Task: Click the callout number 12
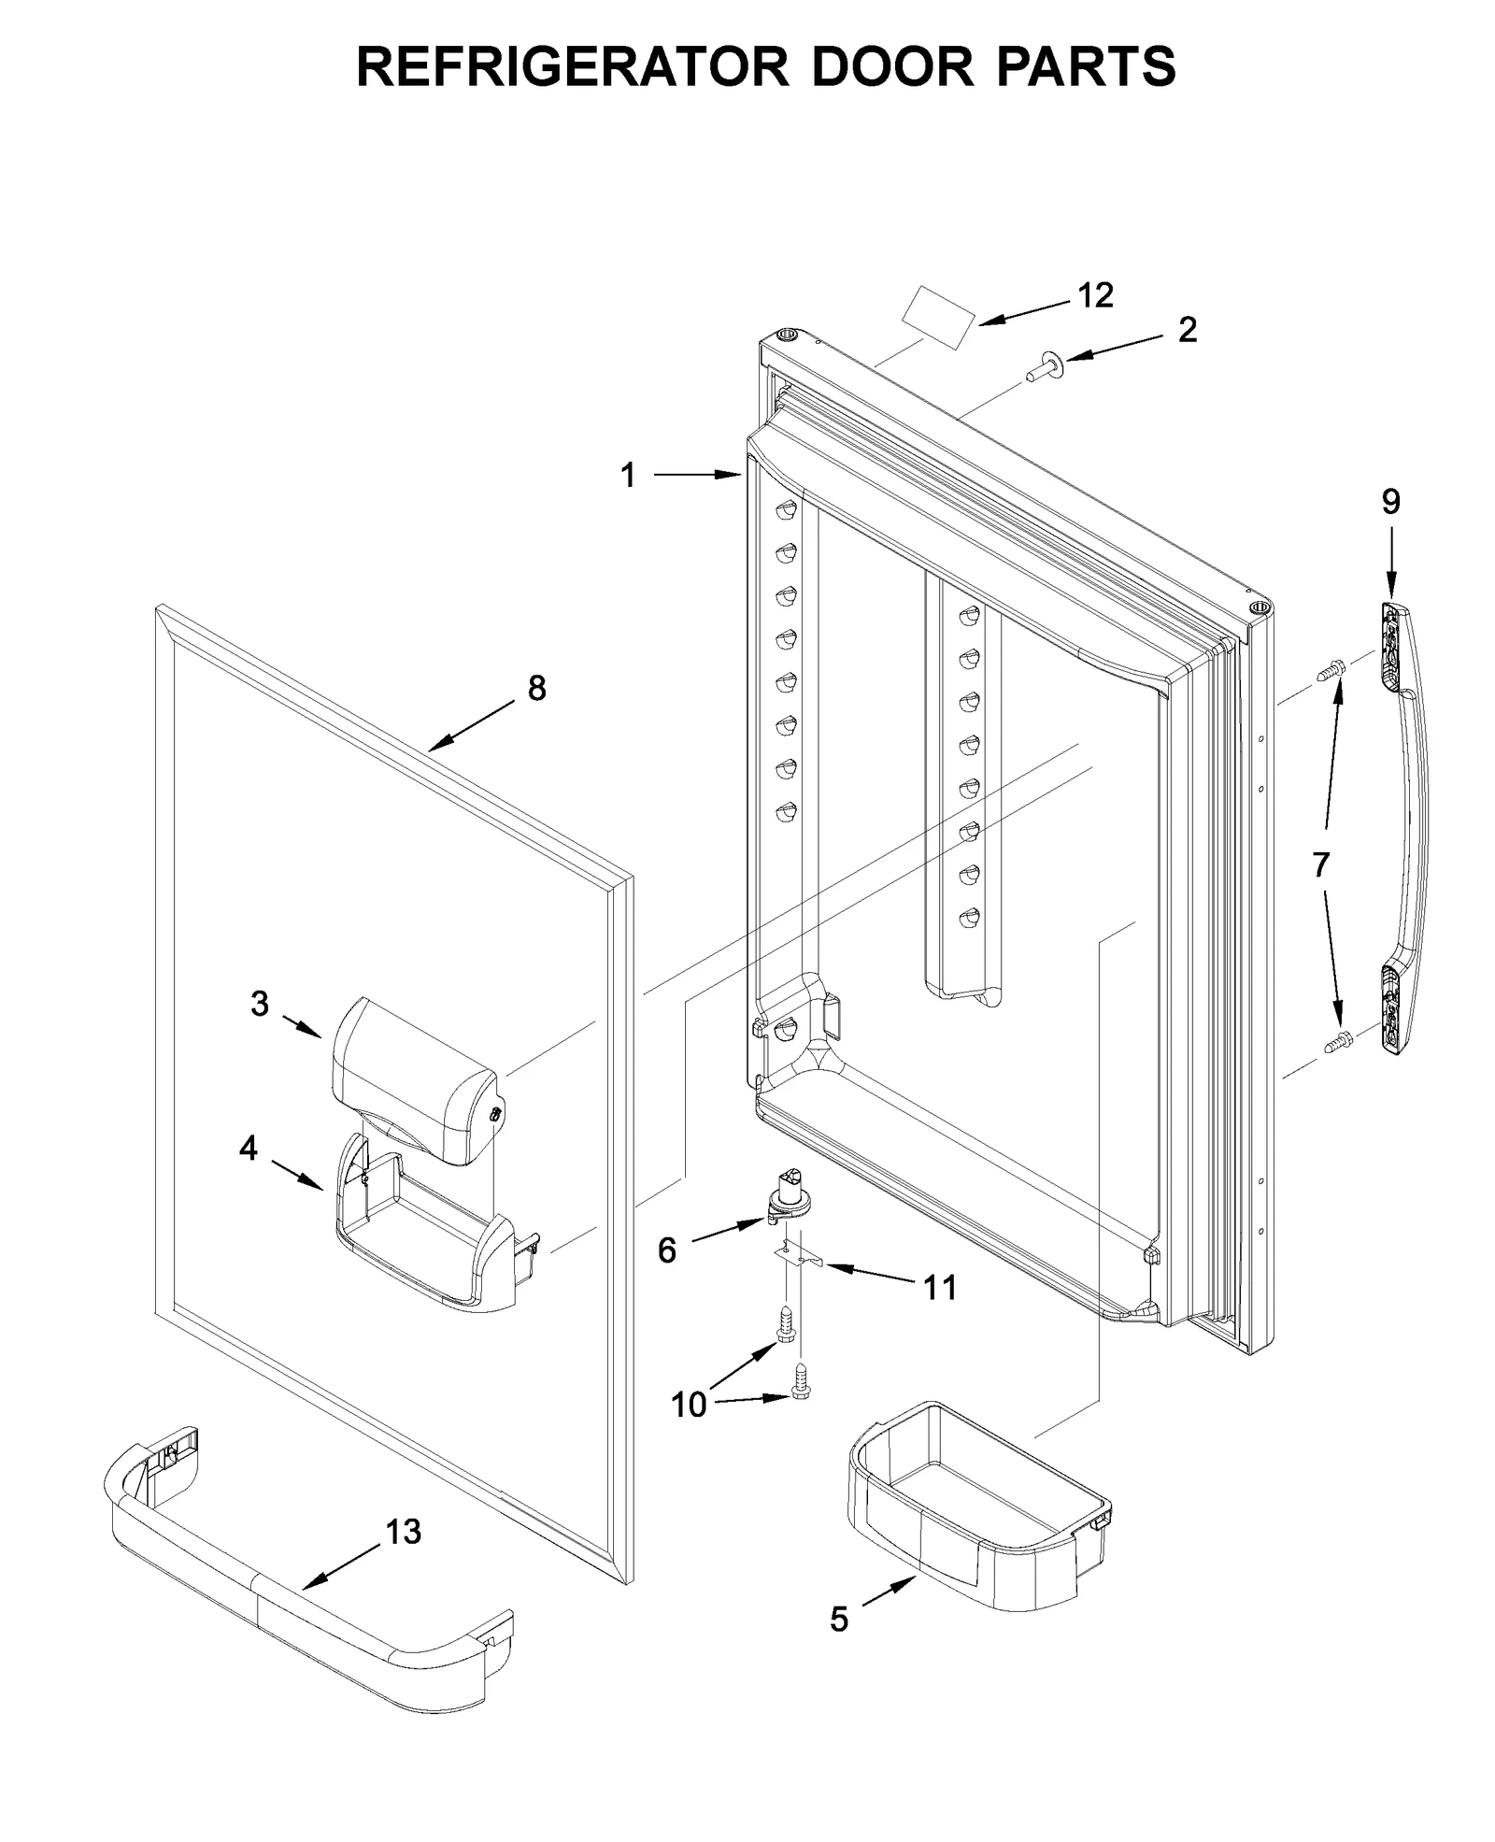point(1095,295)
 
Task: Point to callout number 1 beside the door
point(628,476)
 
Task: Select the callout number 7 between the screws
point(1319,864)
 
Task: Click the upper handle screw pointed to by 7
point(1331,669)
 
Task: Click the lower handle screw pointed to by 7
point(1338,1039)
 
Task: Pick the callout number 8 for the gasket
point(536,689)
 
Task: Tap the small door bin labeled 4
point(425,1238)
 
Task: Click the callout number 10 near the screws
point(689,1404)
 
